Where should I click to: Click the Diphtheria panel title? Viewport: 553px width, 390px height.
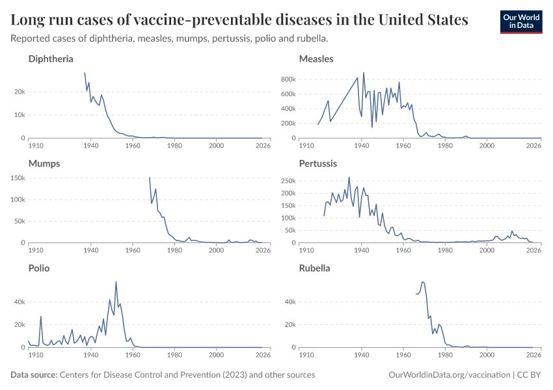[x=51, y=59]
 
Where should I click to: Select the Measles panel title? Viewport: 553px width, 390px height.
[x=316, y=59]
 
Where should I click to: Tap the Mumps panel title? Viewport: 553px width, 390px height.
[x=44, y=164]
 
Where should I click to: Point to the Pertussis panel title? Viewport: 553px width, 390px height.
[x=318, y=164]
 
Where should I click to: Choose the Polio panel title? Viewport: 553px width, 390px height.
[x=39, y=268]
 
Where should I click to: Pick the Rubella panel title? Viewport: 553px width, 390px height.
[x=315, y=268]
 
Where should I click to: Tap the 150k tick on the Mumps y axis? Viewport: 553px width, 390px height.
[x=16, y=177]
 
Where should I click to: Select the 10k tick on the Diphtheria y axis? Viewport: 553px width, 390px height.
[x=18, y=115]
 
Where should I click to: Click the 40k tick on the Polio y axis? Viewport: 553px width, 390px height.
[x=18, y=302]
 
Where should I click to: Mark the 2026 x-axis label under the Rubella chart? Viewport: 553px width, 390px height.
[x=533, y=356]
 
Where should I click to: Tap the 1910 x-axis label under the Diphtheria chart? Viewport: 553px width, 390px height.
[x=36, y=146]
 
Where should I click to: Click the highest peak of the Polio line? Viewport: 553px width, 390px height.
[x=116, y=282]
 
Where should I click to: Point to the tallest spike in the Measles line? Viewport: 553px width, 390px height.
[x=364, y=72]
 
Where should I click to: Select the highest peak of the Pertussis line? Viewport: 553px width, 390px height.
[x=349, y=177]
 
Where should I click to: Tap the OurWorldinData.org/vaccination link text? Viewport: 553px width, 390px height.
[x=448, y=375]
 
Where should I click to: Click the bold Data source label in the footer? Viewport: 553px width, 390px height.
[x=34, y=375]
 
